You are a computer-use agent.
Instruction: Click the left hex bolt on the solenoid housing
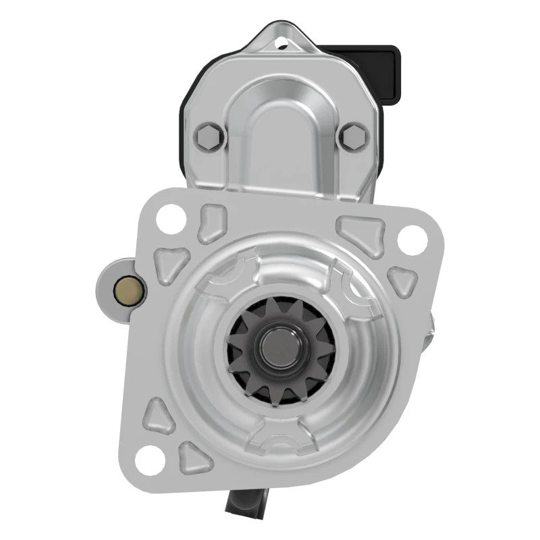[209, 137]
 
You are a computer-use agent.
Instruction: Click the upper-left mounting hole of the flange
[170, 219]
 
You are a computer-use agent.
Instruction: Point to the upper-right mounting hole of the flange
[412, 238]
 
